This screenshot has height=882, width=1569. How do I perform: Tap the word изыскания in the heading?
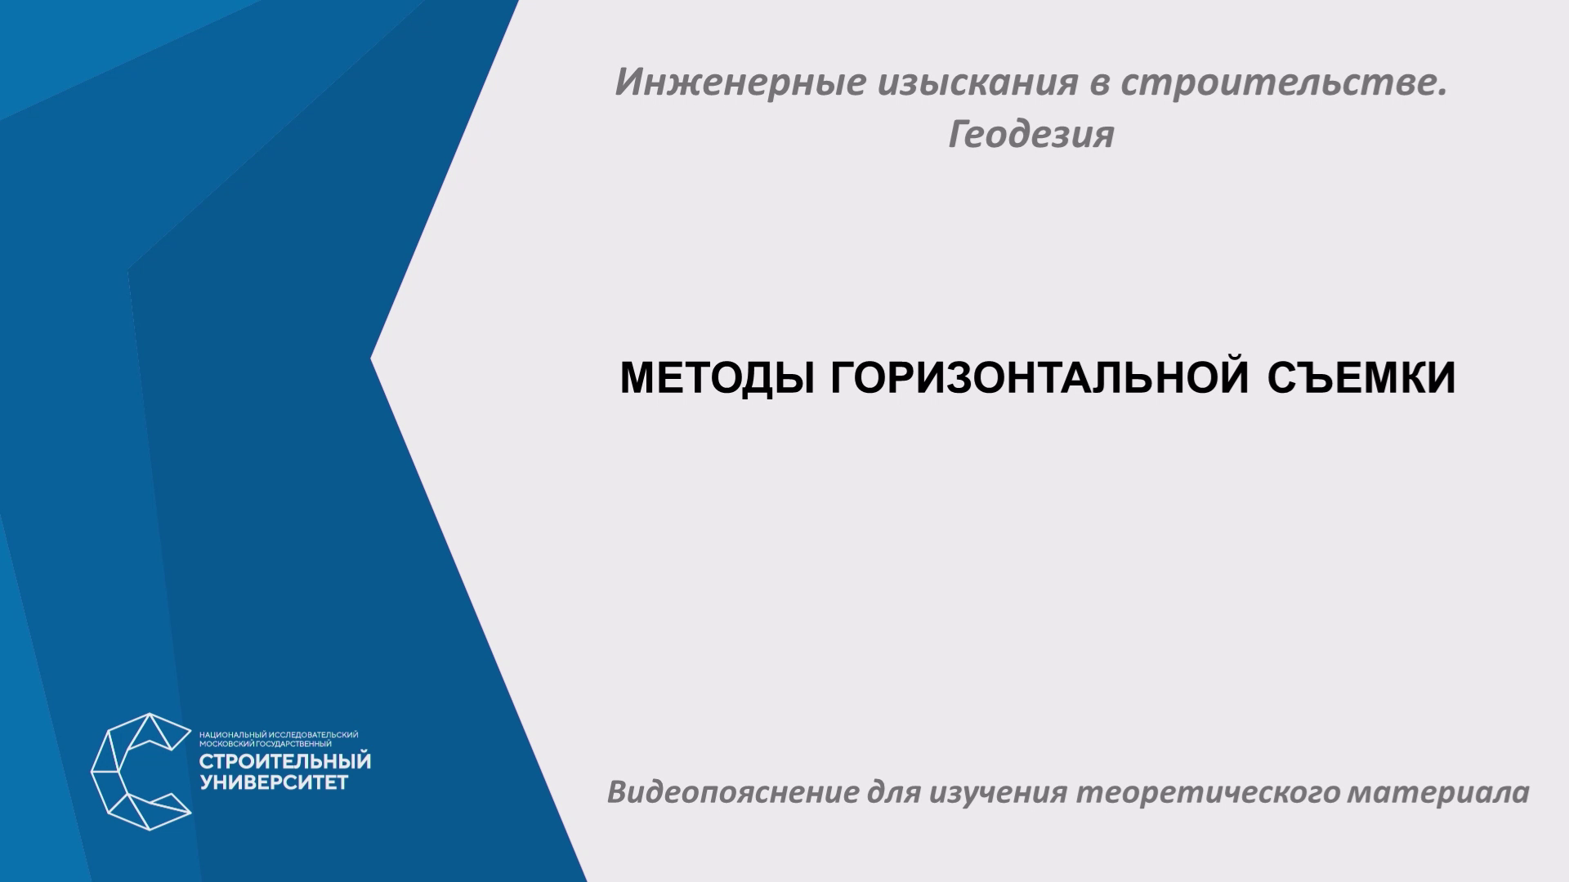[978, 82]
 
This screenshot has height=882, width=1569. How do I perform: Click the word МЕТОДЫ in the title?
[717, 378]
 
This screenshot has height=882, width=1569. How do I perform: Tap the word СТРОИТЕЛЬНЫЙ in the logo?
[285, 761]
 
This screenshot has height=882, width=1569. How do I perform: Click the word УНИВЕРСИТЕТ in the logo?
[275, 783]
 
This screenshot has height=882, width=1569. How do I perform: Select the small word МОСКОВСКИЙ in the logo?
[227, 744]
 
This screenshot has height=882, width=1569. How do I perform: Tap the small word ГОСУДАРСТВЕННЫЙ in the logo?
[294, 744]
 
